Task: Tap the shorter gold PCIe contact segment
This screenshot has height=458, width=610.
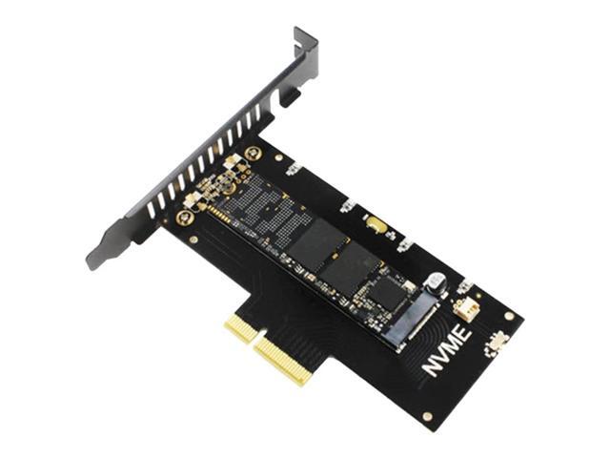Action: [240, 330]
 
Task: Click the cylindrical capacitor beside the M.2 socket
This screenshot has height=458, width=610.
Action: [436, 284]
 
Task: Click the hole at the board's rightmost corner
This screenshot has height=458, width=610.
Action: [509, 315]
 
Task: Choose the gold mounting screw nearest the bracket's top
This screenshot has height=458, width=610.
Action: [252, 154]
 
